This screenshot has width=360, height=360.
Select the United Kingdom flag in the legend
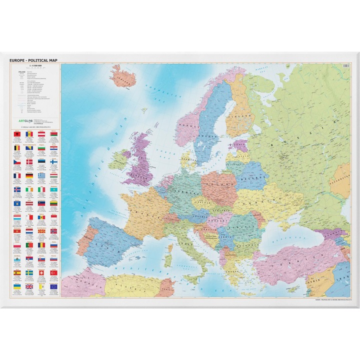[29, 286]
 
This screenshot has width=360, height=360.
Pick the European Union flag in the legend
[53, 286]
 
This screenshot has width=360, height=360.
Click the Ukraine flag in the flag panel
[17, 286]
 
